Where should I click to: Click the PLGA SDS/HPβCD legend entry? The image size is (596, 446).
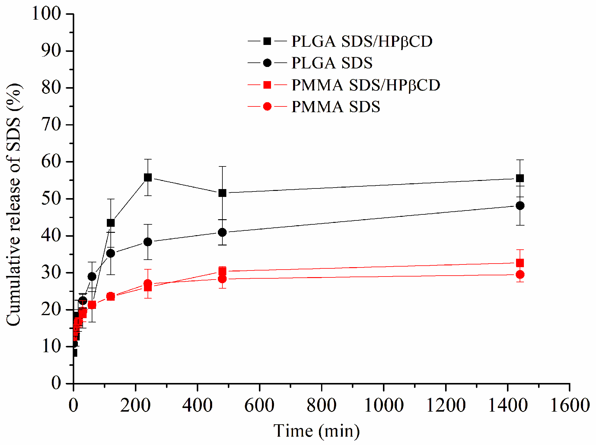362,41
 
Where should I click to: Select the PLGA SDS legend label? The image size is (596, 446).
332,63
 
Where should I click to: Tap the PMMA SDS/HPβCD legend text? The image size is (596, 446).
365,85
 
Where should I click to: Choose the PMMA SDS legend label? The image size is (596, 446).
336,107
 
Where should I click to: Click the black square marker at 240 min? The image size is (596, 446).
148,177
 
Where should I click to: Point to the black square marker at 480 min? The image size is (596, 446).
222,193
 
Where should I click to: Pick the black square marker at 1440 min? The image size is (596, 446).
520,178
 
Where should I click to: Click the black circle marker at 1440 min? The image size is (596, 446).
520,206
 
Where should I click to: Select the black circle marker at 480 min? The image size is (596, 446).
222,232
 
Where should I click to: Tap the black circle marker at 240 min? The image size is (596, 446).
148,242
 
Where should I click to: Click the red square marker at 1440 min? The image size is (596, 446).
520,263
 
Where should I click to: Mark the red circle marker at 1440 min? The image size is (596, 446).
520,274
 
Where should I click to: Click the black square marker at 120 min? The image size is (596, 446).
111,223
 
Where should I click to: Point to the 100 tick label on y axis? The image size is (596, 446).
46,14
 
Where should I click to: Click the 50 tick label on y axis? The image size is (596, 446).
51,199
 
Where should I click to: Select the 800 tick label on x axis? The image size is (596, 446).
321,405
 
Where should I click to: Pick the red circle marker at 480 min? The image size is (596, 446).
222,279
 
